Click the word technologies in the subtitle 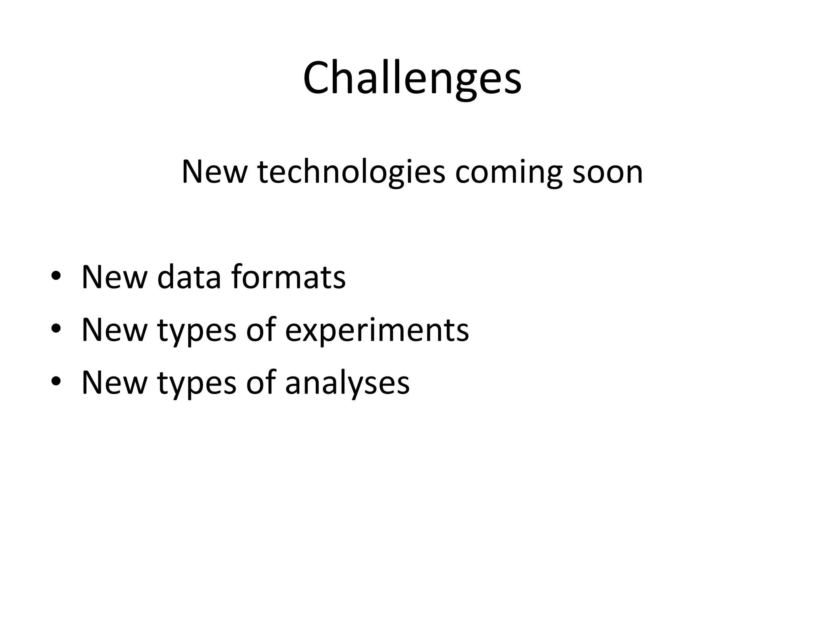351,172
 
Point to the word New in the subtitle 214,172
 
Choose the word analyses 347,383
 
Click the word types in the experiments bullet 197,331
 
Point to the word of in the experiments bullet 261,330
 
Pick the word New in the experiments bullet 114,330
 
